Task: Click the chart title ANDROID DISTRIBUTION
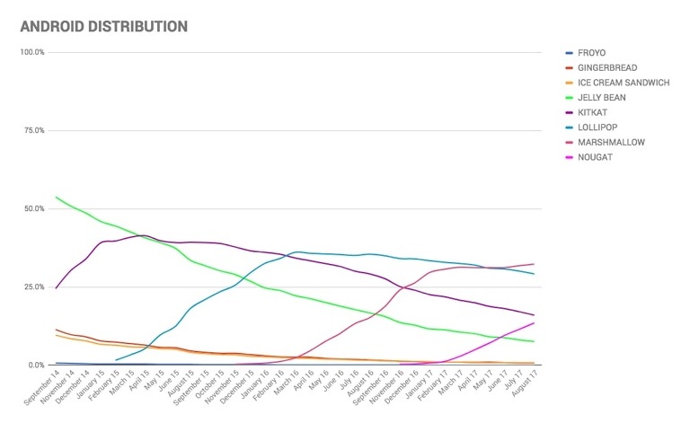(103, 26)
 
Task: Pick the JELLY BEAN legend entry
(600, 97)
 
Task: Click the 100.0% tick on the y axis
(32, 52)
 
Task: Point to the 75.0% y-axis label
(34, 130)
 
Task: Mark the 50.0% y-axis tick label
(34, 208)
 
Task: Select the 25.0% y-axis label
(34, 286)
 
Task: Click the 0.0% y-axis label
(36, 365)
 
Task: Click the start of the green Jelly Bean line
(56, 197)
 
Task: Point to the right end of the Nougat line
(535, 322)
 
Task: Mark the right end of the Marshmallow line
(535, 264)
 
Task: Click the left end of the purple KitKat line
(56, 288)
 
